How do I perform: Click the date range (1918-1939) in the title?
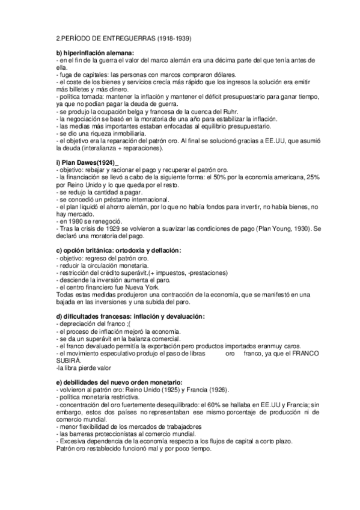tap(172, 39)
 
